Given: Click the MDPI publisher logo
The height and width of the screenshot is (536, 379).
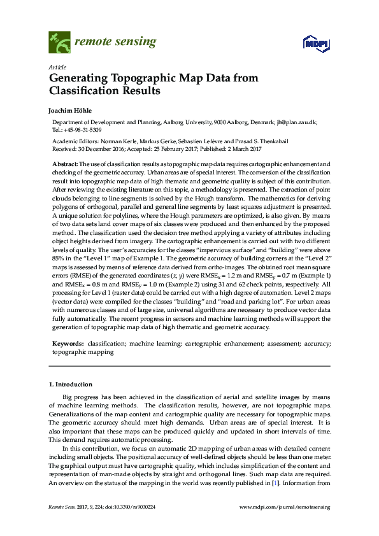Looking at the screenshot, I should click(x=315, y=43).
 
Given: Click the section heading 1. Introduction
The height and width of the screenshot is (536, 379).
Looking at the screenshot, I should click(x=71, y=384).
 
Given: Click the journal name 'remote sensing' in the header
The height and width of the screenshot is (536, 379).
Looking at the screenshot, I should click(x=115, y=43).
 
